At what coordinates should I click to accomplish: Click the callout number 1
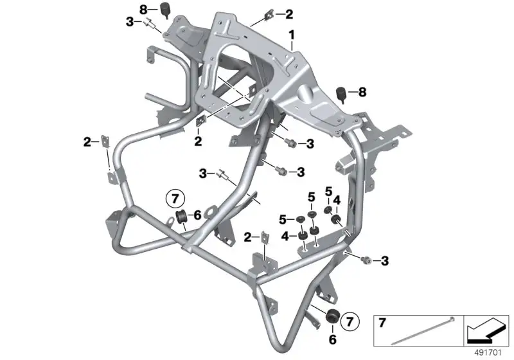point(292,35)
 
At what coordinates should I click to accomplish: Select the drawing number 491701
point(488,353)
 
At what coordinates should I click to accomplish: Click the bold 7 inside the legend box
point(382,323)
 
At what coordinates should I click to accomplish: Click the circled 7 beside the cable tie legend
point(350,321)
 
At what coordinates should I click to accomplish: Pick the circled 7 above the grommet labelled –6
point(175,199)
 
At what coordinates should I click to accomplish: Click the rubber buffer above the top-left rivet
point(164,9)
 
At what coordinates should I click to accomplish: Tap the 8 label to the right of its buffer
point(362,92)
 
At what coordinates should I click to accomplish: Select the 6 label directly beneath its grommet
point(332,339)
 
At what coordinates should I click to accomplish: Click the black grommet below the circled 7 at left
point(181,217)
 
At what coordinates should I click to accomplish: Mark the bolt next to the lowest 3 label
point(366,260)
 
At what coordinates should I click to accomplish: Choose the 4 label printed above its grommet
point(337,200)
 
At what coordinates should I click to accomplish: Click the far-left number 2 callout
point(87,142)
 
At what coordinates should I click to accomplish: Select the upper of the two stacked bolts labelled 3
point(291,143)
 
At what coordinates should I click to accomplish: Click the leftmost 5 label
point(283,219)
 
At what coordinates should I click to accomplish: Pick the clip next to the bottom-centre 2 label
point(265,238)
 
